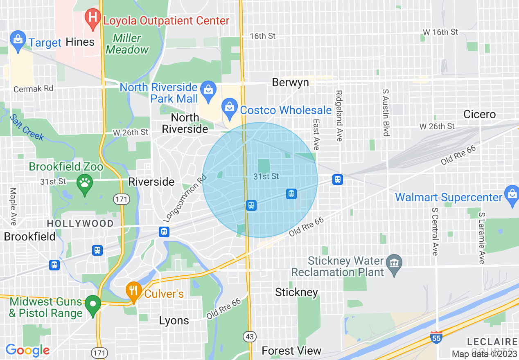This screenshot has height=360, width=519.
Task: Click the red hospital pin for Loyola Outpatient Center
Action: coord(93,18)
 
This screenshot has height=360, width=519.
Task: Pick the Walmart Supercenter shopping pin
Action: coord(512,195)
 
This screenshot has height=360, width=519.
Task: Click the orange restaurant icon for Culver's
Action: coord(133,292)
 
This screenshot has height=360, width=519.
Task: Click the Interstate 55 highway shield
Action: coord(436,337)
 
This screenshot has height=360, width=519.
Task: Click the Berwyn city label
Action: coord(290,83)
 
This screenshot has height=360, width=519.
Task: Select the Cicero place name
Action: coord(479,114)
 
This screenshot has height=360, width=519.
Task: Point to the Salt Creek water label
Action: coord(27,127)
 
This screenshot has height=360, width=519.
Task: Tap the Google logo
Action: coord(27,350)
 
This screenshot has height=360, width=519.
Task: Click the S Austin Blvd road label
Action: coord(385,112)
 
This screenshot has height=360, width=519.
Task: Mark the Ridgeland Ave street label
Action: coord(338,116)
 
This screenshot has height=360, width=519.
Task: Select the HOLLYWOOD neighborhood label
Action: coord(80,223)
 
